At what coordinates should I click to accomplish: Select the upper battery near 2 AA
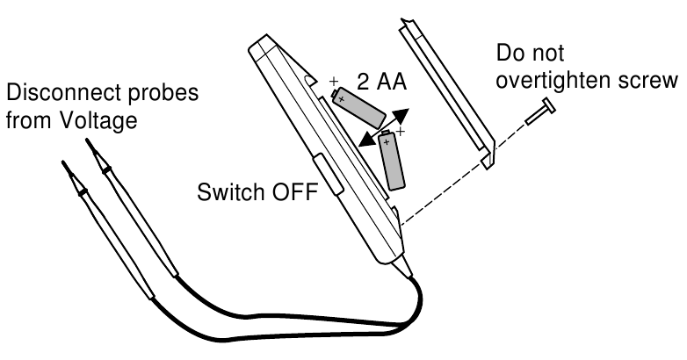pyautogui.click(x=358, y=106)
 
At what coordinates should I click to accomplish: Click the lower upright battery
pyautogui.click(x=393, y=161)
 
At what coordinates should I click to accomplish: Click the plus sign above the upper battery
pyautogui.click(x=334, y=83)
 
